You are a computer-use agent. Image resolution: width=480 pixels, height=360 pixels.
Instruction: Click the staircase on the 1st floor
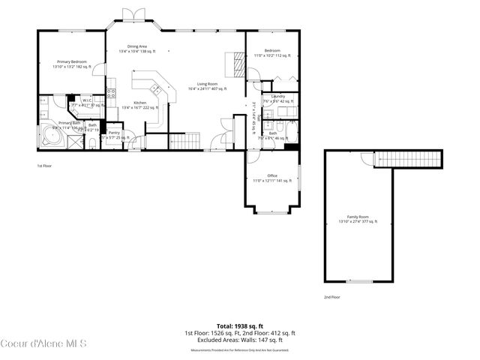tap(186, 139)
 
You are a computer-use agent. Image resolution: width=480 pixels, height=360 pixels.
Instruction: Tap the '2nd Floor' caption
tap(331, 297)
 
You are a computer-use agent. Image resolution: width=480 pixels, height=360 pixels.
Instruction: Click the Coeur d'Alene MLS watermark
tap(44, 344)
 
